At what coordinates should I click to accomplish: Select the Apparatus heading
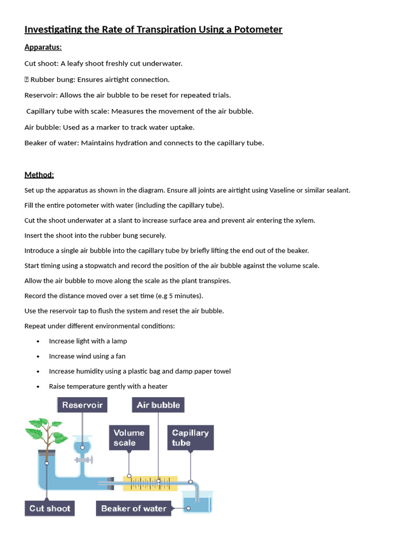point(43,48)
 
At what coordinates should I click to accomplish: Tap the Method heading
point(39,175)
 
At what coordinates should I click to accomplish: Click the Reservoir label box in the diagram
point(82,405)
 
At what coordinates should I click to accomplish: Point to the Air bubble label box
point(158,405)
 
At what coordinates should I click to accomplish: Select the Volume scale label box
point(129,437)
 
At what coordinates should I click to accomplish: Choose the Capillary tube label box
point(190,437)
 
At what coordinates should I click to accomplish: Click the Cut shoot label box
point(50,508)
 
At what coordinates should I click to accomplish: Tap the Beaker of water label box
point(133,508)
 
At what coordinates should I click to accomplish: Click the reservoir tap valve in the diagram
point(83,460)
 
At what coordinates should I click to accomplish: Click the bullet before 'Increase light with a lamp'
point(39,341)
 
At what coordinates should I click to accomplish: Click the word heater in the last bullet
point(158,387)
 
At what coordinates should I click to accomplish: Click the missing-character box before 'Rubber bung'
point(27,80)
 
